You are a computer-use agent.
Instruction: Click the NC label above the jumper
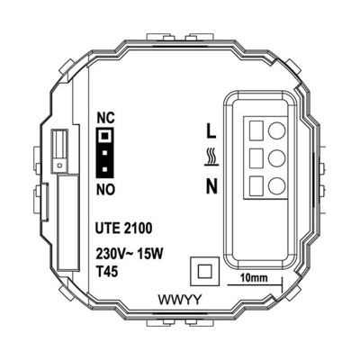(104, 119)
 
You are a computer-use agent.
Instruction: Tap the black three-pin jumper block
(104, 152)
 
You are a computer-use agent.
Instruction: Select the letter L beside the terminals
(211, 130)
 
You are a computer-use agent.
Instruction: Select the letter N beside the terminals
(211, 186)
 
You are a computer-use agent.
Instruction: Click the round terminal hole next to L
(277, 129)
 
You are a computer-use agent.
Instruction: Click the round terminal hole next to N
(277, 186)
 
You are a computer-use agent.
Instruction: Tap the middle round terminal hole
(277, 158)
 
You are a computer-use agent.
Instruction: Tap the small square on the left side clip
(58, 166)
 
